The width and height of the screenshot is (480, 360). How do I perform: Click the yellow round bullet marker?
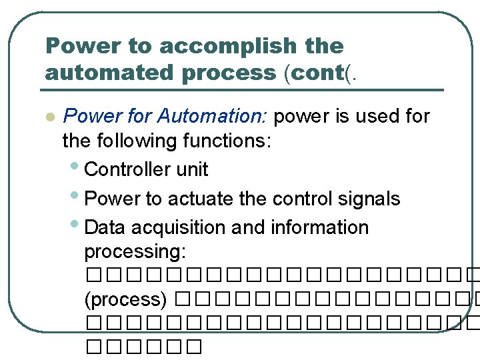(x=48, y=117)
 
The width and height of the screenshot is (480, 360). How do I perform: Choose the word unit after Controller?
(x=193, y=169)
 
